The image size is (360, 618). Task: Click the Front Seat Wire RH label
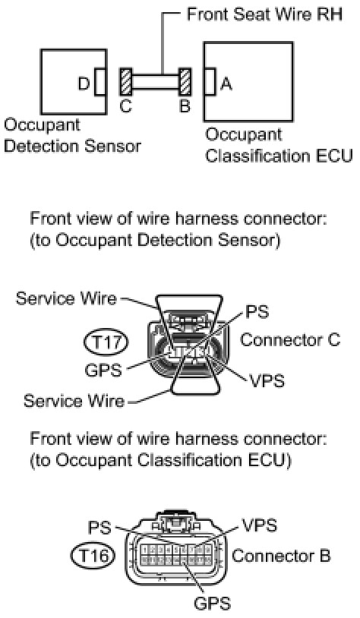pyautogui.click(x=264, y=14)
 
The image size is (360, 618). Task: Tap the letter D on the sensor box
pyautogui.click(x=84, y=84)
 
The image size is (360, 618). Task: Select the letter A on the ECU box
pyautogui.click(x=226, y=84)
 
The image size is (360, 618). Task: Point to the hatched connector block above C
pyautogui.click(x=126, y=82)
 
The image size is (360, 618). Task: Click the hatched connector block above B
pyautogui.click(x=185, y=81)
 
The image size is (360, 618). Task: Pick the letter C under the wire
pyautogui.click(x=125, y=106)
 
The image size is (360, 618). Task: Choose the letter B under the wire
pyautogui.click(x=185, y=106)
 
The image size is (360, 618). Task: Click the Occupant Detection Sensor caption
pyautogui.click(x=72, y=136)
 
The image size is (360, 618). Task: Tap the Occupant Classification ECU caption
pyautogui.click(x=279, y=146)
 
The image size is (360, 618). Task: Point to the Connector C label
pyautogui.click(x=290, y=339)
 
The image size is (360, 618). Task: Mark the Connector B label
pyautogui.click(x=281, y=556)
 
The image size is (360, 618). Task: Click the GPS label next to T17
pyautogui.click(x=103, y=370)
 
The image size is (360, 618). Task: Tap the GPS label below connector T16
pyautogui.click(x=213, y=604)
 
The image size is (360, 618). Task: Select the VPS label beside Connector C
pyautogui.click(x=267, y=380)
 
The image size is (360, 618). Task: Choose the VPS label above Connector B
pyautogui.click(x=259, y=525)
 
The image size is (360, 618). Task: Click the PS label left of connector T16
pyautogui.click(x=99, y=528)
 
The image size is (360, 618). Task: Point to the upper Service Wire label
pyautogui.click(x=66, y=298)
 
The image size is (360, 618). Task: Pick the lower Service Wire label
pyautogui.click(x=74, y=400)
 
